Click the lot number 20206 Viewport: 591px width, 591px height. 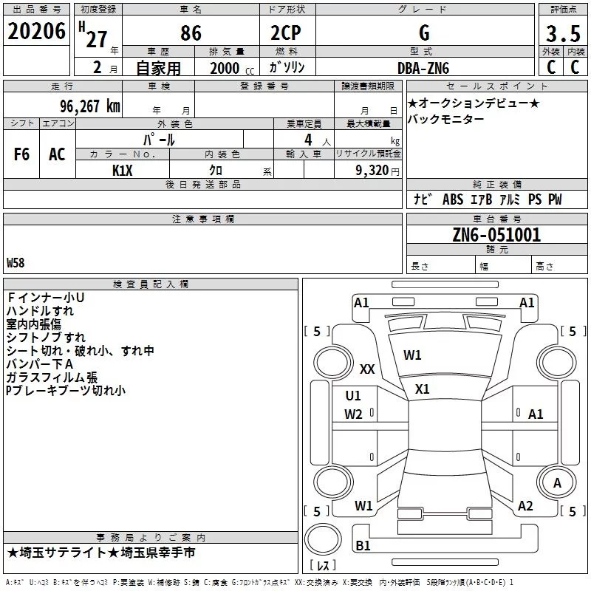[x=36, y=31]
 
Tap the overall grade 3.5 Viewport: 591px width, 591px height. [x=563, y=34]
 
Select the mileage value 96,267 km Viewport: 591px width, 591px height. [x=90, y=106]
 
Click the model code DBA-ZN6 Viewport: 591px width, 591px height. [x=423, y=68]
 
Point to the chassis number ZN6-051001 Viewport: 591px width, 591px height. [x=496, y=235]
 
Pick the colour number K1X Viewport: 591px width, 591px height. [x=123, y=171]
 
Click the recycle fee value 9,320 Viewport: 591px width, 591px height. [x=372, y=171]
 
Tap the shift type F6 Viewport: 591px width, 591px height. [x=21, y=154]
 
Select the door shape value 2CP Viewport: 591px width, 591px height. [x=286, y=33]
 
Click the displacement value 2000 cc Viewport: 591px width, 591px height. [x=232, y=69]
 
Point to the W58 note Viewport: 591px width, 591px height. [x=16, y=263]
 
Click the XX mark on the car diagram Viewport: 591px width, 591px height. [x=367, y=369]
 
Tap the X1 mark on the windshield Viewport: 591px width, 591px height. [x=422, y=389]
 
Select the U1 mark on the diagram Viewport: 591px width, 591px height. [x=353, y=396]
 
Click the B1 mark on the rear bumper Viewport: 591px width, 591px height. [x=363, y=545]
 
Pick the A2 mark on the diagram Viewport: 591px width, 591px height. [x=525, y=506]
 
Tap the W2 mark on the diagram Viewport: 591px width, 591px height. [x=353, y=414]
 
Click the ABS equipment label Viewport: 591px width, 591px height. [x=453, y=199]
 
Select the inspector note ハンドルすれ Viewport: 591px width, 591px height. [x=40, y=311]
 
